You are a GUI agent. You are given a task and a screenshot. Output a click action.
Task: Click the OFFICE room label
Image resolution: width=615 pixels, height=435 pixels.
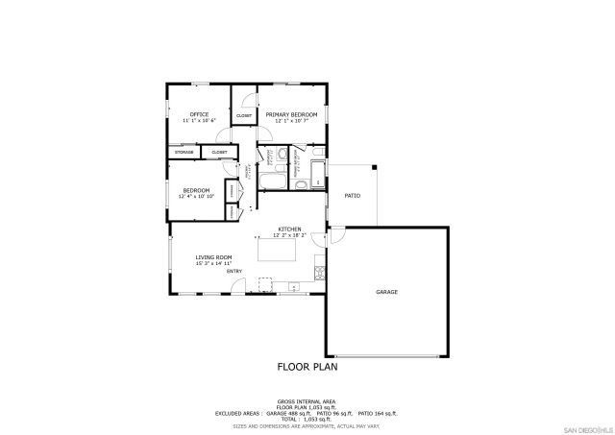click(199, 114)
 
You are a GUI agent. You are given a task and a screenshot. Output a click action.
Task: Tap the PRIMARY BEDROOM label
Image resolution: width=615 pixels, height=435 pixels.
click(291, 114)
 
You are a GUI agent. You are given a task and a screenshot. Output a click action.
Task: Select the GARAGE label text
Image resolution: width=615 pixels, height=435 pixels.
click(386, 292)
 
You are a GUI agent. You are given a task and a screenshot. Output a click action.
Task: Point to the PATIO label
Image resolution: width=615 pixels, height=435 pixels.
click(352, 196)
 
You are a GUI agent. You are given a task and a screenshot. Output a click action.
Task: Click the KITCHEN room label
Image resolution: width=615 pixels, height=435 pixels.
click(289, 229)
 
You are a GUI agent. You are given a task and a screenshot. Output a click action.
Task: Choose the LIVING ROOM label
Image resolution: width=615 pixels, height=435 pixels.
click(213, 257)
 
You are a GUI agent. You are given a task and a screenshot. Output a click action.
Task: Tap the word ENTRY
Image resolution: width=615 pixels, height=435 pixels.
click(234, 272)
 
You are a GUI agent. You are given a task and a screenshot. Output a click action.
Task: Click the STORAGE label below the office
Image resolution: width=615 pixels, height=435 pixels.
click(184, 152)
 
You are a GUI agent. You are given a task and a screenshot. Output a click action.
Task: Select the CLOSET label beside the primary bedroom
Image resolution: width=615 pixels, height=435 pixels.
click(244, 116)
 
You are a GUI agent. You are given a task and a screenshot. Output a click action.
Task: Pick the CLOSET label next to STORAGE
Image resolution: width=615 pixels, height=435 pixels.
click(219, 152)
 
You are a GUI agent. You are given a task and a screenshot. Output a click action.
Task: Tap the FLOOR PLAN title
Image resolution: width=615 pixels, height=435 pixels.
click(307, 366)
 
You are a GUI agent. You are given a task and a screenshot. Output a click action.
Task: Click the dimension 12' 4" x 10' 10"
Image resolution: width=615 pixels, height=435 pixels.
click(196, 197)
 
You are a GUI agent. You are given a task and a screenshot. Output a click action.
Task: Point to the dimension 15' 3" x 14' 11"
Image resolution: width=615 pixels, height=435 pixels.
click(213, 264)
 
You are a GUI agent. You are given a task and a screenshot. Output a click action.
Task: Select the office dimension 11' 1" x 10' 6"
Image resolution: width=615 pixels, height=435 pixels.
click(199, 121)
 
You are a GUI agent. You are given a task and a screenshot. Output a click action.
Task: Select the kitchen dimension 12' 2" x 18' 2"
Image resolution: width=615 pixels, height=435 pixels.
click(289, 235)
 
